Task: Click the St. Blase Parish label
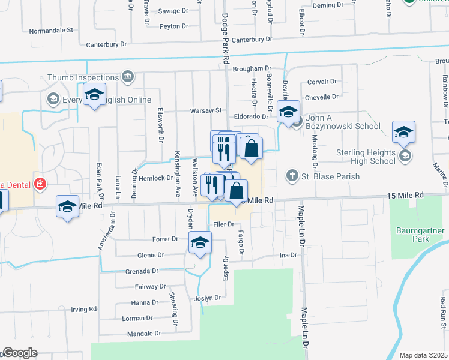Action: click(x=330, y=176)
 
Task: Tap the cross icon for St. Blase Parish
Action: click(x=292, y=176)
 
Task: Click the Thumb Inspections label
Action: click(x=83, y=77)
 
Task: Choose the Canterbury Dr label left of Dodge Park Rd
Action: click(x=107, y=44)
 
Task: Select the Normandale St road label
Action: click(x=51, y=29)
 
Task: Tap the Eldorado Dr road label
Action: click(x=252, y=116)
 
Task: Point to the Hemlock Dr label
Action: click(x=156, y=178)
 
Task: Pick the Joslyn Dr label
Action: click(x=208, y=298)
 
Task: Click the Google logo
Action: click(x=20, y=353)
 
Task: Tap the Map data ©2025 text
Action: click(x=423, y=355)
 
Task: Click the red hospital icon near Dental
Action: click(x=40, y=183)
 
